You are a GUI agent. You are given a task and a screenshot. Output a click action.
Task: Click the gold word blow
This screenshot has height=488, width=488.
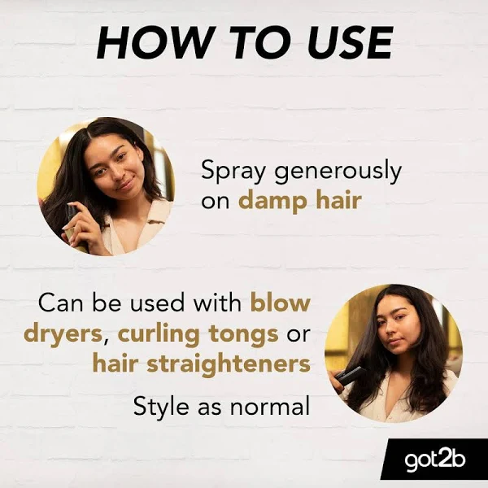click(281, 302)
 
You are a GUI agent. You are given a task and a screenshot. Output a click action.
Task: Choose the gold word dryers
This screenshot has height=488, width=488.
click(63, 335)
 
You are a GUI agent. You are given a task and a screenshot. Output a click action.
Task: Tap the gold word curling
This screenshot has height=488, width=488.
click(159, 335)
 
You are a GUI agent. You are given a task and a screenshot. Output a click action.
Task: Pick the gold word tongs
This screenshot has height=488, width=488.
click(244, 335)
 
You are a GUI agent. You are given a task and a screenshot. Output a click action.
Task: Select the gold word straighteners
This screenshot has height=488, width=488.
click(229, 364)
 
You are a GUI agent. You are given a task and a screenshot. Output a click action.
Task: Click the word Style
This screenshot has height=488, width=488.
click(161, 407)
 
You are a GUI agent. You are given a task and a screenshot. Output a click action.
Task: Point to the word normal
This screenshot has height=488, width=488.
click(270, 406)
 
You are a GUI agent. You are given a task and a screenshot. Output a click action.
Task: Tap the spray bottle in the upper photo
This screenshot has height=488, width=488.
click(74, 227)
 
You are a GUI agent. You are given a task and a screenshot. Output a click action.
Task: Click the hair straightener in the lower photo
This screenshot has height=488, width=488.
click(350, 375)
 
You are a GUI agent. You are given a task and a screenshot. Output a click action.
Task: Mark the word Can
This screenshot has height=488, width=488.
click(61, 303)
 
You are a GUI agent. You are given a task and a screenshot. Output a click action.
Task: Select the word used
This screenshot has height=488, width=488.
click(157, 302)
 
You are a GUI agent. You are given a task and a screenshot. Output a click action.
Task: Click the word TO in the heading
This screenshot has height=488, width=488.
click(253, 42)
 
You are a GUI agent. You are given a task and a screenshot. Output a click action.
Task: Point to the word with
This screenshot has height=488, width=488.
click(217, 302)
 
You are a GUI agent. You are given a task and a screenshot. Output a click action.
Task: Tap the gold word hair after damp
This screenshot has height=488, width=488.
click(338, 199)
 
